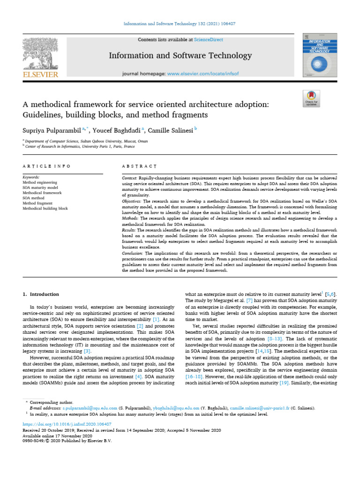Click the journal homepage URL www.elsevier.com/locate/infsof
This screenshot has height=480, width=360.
coord(202,74)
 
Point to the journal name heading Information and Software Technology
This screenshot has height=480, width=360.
coord(180,56)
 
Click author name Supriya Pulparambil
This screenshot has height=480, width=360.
coord(51,130)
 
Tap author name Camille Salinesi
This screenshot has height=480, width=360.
coord(173,130)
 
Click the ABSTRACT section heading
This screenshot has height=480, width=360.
coord(139,166)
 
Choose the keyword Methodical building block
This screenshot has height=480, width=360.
coord(45,208)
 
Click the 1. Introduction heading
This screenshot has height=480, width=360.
coord(41,294)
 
